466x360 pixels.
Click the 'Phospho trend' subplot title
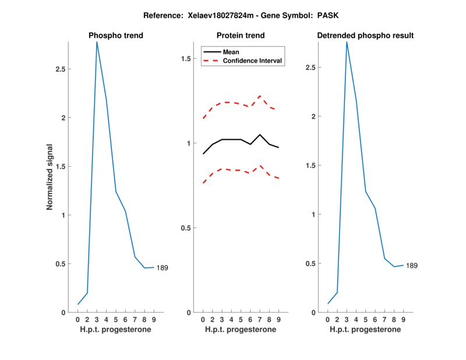pyautogui.click(x=116, y=36)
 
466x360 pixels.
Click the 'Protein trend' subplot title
pyautogui.click(x=241, y=36)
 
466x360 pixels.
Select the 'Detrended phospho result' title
pyautogui.click(x=365, y=36)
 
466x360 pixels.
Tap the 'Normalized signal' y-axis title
pyautogui.click(x=50, y=177)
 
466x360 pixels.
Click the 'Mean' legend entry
pyautogui.click(x=231, y=52)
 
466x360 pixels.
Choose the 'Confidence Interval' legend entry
pyautogui.click(x=253, y=61)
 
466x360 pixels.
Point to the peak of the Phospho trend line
pyautogui.click(x=97, y=41)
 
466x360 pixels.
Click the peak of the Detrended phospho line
pyautogui.click(x=347, y=41)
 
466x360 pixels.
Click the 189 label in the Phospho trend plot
pyautogui.click(x=163, y=268)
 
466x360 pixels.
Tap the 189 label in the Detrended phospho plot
pyautogui.click(x=412, y=266)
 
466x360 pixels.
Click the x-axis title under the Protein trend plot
pyautogui.click(x=241, y=330)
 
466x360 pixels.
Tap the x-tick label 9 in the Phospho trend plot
pyautogui.click(x=154, y=320)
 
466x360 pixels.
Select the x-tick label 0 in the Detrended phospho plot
pyautogui.click(x=327, y=320)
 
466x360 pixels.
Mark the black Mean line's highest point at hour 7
pyautogui.click(x=260, y=135)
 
